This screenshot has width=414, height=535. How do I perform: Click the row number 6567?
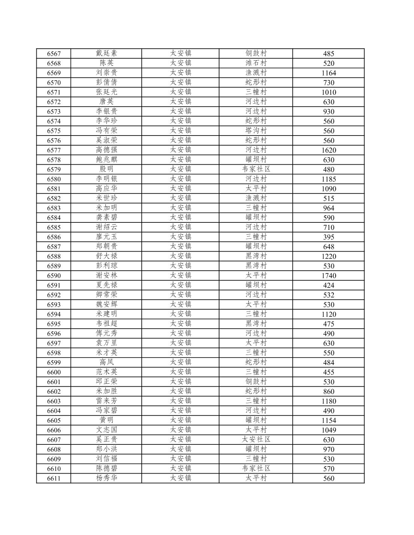[54, 54]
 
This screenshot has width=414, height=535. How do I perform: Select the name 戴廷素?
[106, 54]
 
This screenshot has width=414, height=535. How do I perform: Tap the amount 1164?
[329, 73]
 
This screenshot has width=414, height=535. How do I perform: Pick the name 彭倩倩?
[106, 82]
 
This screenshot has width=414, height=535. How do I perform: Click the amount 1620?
[329, 150]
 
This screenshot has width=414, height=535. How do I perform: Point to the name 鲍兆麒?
[106, 160]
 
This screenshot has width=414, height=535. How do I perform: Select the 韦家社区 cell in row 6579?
[256, 170]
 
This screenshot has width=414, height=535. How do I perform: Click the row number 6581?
[54, 189]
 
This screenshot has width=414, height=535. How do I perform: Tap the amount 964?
[329, 208]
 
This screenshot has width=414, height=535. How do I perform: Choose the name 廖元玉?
[106, 237]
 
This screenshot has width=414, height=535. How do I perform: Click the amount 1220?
[329, 256]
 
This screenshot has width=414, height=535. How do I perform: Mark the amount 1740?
[329, 276]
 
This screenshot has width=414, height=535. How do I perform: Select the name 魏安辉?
[106, 304]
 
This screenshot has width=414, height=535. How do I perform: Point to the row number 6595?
[54, 324]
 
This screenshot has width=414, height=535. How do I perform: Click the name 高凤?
[106, 362]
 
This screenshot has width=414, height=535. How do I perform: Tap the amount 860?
[329, 392]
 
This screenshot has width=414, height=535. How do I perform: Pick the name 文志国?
[106, 430]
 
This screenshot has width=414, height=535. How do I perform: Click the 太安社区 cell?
[256, 440]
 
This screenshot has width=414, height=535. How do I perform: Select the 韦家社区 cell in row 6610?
[256, 469]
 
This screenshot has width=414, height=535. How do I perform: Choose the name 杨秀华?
[106, 478]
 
